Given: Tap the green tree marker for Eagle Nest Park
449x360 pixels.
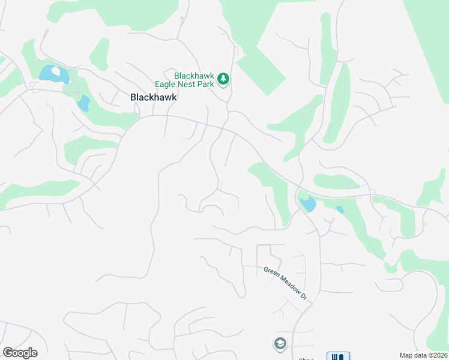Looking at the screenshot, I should point(223,79).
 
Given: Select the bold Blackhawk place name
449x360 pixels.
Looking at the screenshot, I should point(154,97).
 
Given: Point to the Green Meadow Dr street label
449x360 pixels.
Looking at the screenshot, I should point(285,284).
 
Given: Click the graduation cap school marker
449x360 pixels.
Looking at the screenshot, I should point(279,344).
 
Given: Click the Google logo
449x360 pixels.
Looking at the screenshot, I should point(20,353).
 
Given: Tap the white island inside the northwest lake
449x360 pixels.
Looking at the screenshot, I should point(56,71).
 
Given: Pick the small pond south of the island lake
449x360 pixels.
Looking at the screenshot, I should point(83,104).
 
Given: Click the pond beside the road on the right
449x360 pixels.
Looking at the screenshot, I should point(307,204).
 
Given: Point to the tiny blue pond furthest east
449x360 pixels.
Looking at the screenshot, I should point(340,209).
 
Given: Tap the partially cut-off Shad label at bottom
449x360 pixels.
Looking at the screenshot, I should point(306,359).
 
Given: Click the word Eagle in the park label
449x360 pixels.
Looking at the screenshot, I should point(158,83).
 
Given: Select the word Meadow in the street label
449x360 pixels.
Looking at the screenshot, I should point(286,284).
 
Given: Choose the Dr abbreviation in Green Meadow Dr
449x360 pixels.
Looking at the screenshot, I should point(304,296).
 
